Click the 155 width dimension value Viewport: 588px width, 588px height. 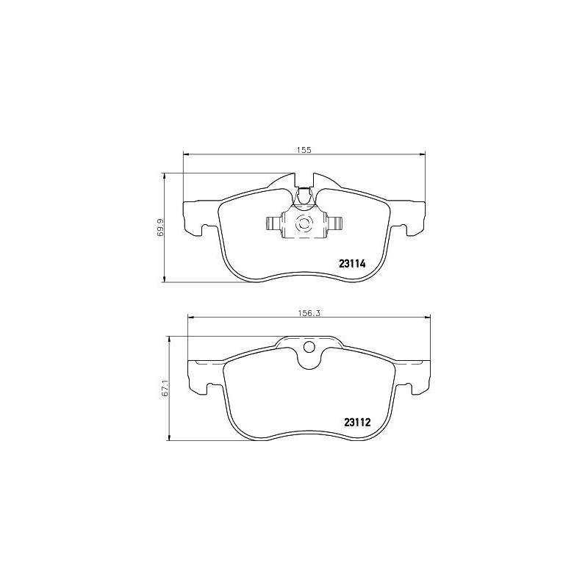304,149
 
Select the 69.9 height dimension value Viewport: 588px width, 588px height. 160,226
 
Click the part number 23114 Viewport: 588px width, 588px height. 351,262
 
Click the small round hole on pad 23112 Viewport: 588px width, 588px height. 309,348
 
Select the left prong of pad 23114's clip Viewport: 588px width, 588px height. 270,225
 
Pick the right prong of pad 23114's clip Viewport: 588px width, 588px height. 336,225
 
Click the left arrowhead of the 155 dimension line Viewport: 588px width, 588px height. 186,154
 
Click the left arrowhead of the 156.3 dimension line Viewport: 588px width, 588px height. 193,317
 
